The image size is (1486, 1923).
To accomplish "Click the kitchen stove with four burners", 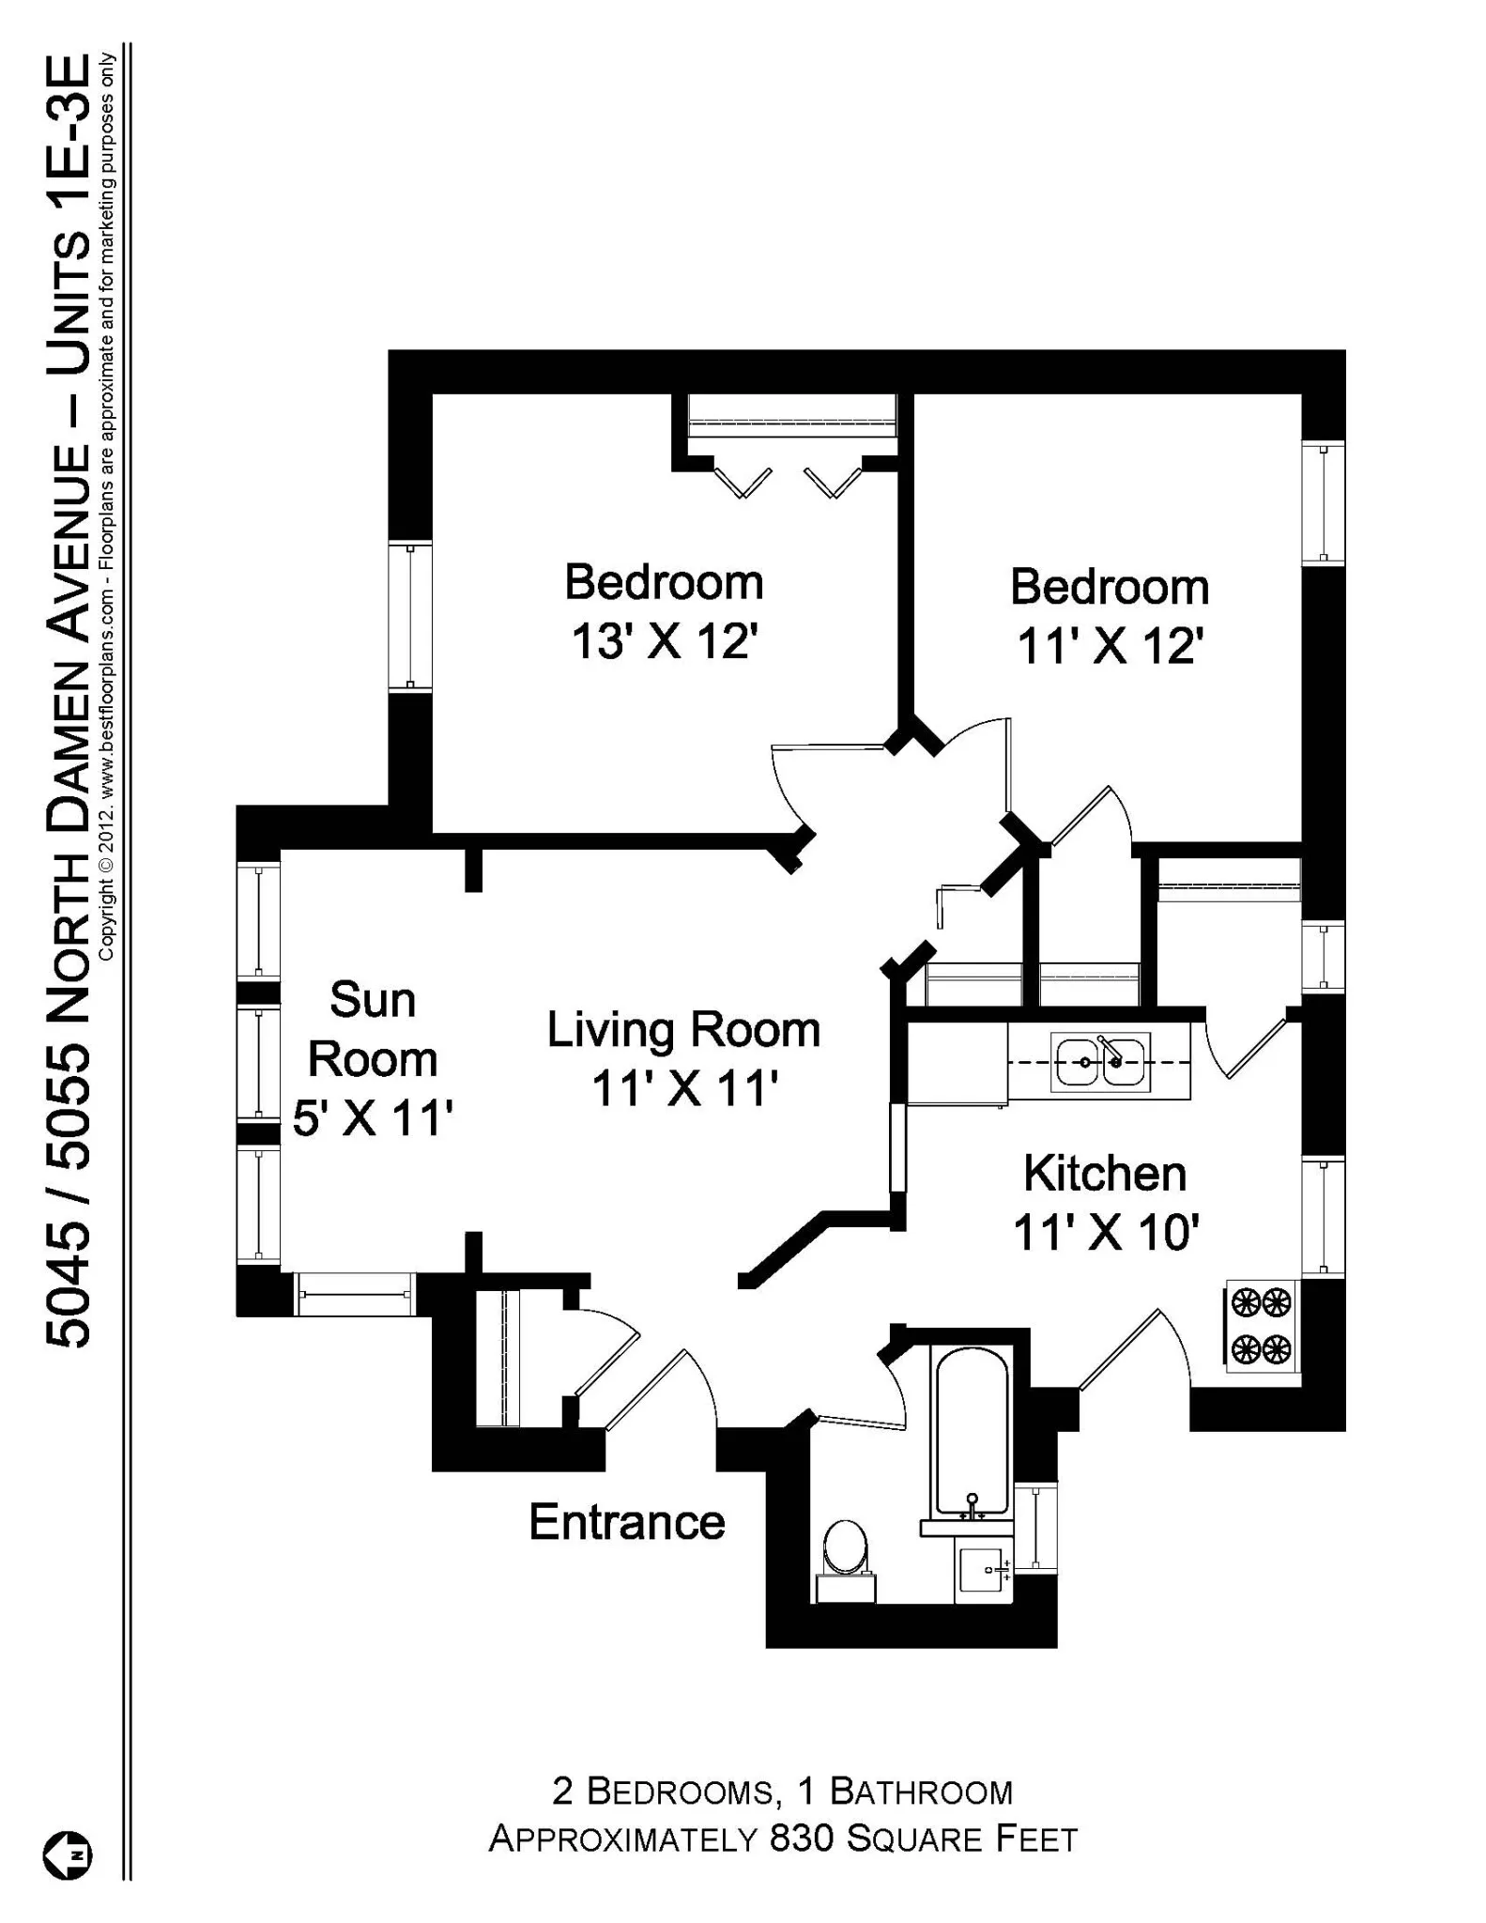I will pos(1262,1326).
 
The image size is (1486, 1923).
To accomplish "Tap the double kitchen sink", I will pos(1100,1062).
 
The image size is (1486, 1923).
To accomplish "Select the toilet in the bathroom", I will pos(845,1547).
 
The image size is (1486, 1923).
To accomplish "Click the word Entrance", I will pos(626,1522).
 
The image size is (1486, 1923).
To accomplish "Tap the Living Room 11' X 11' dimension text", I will pos(684,1089).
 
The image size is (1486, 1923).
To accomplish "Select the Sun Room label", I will pos(373,1029).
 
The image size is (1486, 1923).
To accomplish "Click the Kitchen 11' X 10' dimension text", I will pos(1106,1232).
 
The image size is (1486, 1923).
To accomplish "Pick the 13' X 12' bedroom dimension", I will pos(664,642).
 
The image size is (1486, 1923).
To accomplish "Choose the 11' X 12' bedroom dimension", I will pos(1110,646).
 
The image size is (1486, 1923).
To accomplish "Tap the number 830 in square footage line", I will pos(802,1838).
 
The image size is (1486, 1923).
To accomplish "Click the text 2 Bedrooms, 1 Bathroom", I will pos(782,1792).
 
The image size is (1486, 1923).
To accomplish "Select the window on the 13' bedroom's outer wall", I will pos(410,616).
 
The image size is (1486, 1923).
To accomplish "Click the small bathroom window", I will pos(1036,1527).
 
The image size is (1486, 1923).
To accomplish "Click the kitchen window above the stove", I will pos(1323,1217).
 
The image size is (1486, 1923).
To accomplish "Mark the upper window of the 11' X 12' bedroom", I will pos(1323,501).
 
